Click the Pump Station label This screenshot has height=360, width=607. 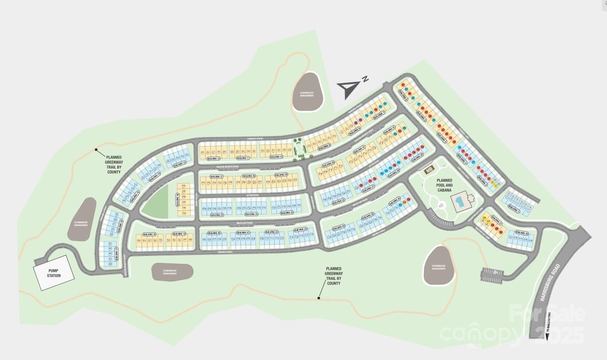click(x=54, y=273)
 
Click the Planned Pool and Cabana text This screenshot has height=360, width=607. click(x=444, y=185)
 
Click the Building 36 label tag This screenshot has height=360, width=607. click(x=178, y=199)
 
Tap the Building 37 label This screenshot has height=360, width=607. click(x=215, y=177)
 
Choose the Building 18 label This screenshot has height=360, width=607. click(x=150, y=234)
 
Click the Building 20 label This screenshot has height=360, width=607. click(x=214, y=233)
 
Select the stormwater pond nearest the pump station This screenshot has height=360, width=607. click(x=81, y=219)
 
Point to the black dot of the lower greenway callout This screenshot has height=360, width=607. click(x=318, y=298)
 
